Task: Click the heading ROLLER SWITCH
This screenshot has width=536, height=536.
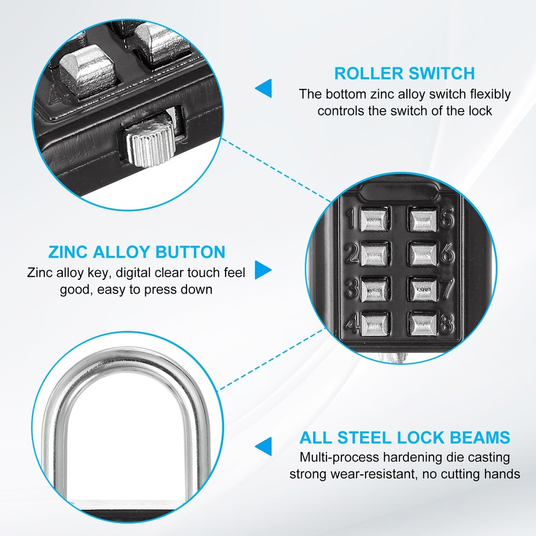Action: point(404,73)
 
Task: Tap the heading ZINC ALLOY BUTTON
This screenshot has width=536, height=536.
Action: point(137,251)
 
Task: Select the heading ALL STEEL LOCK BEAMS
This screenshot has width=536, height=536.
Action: point(405,437)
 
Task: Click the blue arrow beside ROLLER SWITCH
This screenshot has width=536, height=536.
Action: point(264,88)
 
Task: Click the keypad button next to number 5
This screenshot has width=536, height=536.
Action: point(422,219)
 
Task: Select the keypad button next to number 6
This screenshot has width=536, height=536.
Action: point(422,252)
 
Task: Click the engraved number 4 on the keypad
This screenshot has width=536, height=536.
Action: point(352,323)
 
